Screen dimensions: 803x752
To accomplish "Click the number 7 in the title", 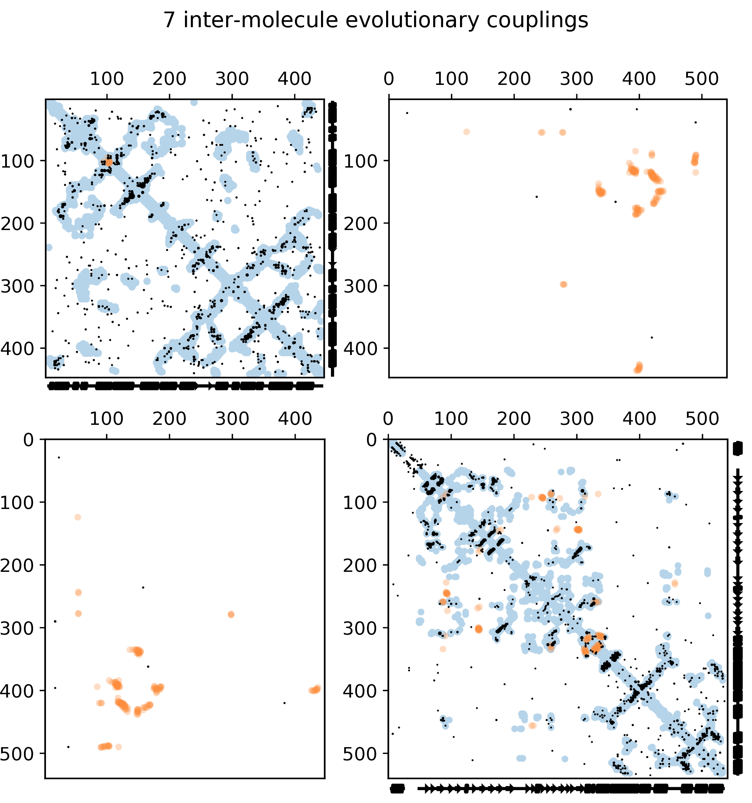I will point(169,20).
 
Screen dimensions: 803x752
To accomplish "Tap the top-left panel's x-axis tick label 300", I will point(232,79).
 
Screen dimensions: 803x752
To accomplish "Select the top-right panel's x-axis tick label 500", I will point(702,79).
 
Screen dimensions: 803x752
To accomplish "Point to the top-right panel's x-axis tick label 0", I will point(389,79).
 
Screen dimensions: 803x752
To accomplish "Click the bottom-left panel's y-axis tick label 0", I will point(29,440).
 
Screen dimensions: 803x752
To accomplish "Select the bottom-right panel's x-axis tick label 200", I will point(514,419).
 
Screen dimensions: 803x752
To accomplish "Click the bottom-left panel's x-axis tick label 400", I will point(295,419).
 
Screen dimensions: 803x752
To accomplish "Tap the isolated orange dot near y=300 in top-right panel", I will point(563,284).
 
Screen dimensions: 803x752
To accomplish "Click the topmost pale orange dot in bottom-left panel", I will point(78,517).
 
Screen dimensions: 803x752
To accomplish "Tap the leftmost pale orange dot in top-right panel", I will point(467,132).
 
